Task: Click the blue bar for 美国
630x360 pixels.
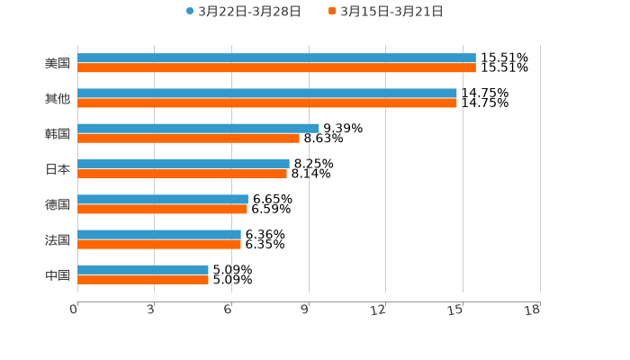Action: pos(276,58)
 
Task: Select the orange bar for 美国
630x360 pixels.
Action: pos(276,67)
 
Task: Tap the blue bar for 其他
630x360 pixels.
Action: pos(267,93)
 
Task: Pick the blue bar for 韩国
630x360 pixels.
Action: pos(198,128)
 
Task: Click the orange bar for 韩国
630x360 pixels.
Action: pos(188,138)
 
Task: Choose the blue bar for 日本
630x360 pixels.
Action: pos(184,164)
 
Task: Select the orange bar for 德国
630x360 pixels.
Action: pos(162,209)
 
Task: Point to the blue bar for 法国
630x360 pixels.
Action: pos(159,234)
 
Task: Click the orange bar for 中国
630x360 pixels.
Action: pos(143,279)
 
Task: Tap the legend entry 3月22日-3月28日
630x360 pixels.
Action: pos(243,12)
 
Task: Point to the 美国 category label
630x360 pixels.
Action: pos(58,63)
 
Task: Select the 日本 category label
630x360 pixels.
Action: pos(58,169)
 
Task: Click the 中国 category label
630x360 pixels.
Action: pos(58,274)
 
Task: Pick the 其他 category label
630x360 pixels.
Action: pos(58,98)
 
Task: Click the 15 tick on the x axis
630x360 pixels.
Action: pos(456,310)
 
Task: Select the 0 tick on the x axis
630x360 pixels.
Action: pos(75,310)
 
